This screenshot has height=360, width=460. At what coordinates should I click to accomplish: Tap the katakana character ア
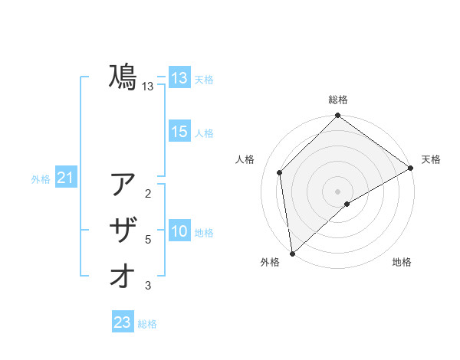click(x=123, y=185)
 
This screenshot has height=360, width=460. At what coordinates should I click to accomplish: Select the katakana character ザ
click(x=123, y=231)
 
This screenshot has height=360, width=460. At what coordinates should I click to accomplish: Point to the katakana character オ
click(x=123, y=277)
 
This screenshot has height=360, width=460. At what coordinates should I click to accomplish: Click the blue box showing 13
click(x=179, y=78)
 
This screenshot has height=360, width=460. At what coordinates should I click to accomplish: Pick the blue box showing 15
click(x=179, y=132)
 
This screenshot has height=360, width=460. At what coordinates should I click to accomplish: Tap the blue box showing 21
click(x=66, y=178)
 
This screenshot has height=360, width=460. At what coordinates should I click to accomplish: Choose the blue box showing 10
click(x=179, y=232)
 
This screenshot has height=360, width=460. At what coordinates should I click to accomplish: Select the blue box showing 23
click(x=123, y=322)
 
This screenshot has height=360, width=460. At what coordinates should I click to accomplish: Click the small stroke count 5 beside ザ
click(x=148, y=240)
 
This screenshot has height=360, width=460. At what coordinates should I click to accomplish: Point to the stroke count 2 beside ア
click(x=148, y=194)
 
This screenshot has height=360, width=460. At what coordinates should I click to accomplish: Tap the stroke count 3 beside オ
click(x=148, y=286)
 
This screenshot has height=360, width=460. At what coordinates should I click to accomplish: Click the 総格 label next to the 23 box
click(x=147, y=324)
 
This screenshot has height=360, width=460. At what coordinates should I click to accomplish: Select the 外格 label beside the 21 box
click(x=41, y=179)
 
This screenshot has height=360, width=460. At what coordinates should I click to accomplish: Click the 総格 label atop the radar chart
click(x=338, y=100)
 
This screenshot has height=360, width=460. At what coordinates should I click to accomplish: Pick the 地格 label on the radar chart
click(x=402, y=262)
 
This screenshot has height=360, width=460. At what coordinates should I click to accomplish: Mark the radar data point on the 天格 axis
click(x=411, y=169)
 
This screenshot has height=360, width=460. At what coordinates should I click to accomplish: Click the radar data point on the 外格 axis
click(x=292, y=254)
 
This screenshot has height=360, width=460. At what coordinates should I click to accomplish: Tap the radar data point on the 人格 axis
click(x=280, y=172)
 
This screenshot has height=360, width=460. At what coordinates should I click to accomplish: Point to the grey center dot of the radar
click(x=337, y=191)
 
